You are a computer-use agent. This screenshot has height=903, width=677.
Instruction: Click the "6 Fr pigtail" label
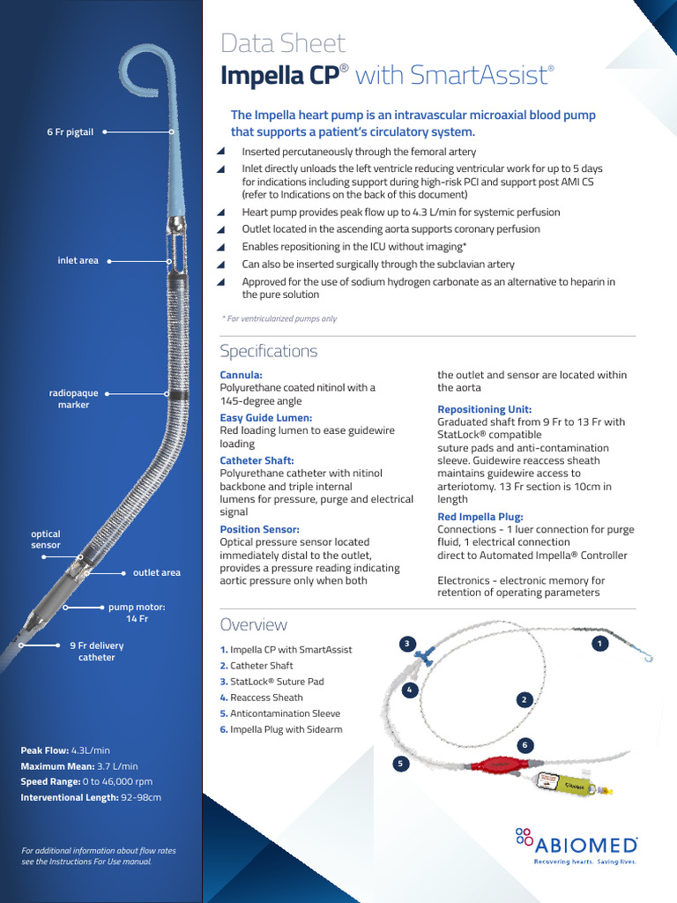tap(70, 131)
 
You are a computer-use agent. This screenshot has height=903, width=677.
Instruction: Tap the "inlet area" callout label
tap(78, 261)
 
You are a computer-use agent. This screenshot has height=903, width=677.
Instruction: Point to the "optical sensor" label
tap(46, 540)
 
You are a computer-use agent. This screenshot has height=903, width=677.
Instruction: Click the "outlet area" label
tap(156, 572)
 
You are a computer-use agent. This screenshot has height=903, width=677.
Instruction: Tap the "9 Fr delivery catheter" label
tap(96, 651)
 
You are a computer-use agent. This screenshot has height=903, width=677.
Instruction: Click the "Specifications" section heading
tap(268, 351)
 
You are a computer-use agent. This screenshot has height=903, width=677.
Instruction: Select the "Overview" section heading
tap(253, 624)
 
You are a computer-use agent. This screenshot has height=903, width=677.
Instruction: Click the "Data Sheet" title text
tap(282, 43)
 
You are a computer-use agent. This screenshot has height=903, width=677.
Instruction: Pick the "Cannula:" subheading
tap(241, 375)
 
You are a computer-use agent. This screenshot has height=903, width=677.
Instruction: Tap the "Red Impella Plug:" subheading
tap(480, 517)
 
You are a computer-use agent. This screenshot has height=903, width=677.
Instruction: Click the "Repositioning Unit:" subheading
tap(484, 409)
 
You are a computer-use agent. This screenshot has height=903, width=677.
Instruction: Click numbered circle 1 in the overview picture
tap(599, 644)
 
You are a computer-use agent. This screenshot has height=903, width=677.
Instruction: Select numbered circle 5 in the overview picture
tap(402, 764)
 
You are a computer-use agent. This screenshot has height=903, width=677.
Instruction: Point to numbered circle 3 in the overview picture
tap(406, 643)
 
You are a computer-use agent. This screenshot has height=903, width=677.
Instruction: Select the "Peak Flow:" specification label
tap(45, 750)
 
